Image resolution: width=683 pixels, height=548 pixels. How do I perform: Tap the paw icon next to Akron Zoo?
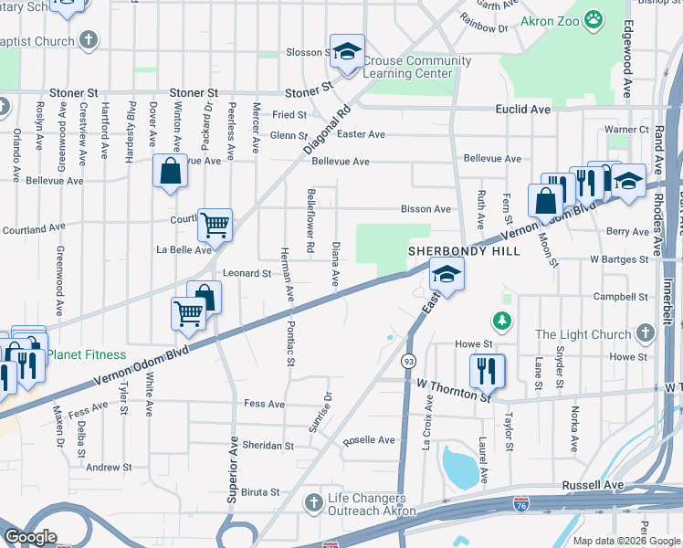click(594, 19)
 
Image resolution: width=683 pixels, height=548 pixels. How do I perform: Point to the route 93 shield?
click(408, 362)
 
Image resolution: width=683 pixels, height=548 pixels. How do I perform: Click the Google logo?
click(30, 537)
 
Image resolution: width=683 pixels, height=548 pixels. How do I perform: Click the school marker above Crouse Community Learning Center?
click(347, 52)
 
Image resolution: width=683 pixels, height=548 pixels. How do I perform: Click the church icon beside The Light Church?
click(646, 334)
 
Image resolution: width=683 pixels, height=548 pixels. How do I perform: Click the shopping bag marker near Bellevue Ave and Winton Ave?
click(171, 170)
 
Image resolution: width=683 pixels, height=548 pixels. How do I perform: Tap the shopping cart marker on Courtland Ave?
click(215, 222)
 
